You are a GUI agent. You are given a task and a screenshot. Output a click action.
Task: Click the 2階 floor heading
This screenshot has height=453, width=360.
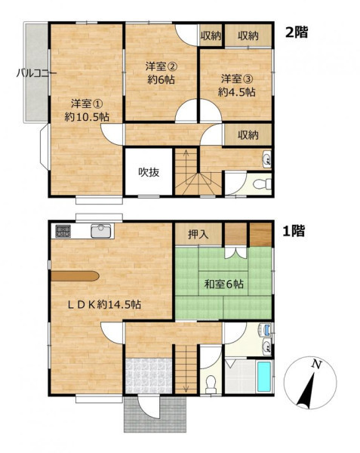[297, 32]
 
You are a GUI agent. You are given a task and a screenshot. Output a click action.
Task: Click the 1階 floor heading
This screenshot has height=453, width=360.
[294, 231]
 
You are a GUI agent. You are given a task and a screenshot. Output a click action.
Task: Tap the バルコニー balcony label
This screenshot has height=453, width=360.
[36, 73]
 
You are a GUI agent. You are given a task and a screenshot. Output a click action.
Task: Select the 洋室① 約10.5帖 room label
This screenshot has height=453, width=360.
[87, 110]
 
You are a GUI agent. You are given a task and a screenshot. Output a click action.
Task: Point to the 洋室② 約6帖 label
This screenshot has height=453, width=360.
[161, 73]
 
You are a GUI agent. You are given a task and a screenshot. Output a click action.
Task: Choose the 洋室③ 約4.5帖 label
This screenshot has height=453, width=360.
[236, 85]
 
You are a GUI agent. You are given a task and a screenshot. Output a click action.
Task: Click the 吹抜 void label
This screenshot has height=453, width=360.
[149, 172]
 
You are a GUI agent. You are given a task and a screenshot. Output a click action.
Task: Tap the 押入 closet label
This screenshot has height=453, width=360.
[198, 234]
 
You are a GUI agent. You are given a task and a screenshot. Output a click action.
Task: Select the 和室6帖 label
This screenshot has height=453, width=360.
[224, 285]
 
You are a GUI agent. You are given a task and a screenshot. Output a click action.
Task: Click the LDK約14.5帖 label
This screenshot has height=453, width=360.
[104, 304]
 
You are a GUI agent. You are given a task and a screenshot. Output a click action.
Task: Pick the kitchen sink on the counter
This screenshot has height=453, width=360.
[100, 231]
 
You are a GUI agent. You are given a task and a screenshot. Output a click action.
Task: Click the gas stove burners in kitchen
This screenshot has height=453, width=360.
[63, 231]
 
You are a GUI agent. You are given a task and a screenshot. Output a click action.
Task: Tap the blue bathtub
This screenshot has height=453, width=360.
[264, 377]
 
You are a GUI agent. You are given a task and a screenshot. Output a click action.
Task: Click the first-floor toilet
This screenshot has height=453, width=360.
[211, 384]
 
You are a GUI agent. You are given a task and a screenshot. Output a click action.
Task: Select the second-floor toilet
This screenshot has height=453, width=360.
[262, 183]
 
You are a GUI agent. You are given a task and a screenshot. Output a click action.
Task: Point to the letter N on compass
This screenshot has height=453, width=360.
[317, 365]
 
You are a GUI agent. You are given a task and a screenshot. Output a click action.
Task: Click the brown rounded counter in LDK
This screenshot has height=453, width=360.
[75, 276]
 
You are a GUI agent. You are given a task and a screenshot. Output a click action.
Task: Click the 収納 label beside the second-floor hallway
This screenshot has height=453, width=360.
[248, 135]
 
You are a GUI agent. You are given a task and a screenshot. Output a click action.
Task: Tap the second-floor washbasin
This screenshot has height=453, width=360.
[267, 159]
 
